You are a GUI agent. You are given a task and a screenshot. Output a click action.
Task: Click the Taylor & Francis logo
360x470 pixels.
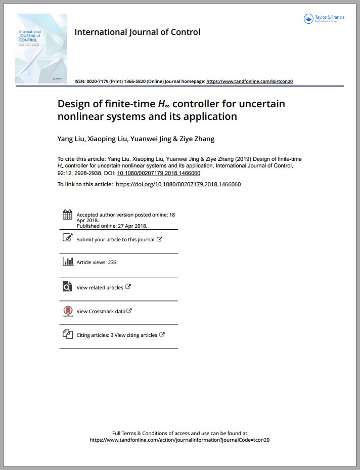(x=324, y=19)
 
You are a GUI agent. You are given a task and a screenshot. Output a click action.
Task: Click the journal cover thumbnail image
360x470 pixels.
(x=41, y=48)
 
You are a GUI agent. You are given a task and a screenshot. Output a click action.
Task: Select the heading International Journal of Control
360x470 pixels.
(x=137, y=32)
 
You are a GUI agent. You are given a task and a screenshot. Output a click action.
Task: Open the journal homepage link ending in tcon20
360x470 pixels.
(x=250, y=81)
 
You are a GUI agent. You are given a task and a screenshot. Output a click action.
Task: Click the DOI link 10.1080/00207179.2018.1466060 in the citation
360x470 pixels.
(x=158, y=173)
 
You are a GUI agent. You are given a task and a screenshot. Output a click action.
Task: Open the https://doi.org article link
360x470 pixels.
(x=178, y=184)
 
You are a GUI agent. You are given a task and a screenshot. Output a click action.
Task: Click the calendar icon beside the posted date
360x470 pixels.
(x=67, y=215)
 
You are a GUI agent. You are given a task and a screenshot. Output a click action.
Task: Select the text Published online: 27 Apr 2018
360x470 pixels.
(x=112, y=226)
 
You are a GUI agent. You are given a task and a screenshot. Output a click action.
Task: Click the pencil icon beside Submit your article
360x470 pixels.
(x=67, y=238)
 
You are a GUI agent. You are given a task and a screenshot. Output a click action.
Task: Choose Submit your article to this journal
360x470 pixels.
(x=115, y=239)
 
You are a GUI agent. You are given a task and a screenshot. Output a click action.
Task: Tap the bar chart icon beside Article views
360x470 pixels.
(x=67, y=262)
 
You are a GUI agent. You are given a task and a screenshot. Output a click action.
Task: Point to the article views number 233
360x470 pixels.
(x=112, y=263)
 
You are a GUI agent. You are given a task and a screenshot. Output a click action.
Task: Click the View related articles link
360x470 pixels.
(x=100, y=287)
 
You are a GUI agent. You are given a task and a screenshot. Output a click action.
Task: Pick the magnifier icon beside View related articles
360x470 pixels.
(x=67, y=286)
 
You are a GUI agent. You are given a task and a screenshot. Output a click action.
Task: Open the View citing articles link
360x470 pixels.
(x=136, y=335)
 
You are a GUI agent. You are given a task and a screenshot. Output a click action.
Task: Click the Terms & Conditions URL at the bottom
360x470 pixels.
(x=179, y=440)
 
